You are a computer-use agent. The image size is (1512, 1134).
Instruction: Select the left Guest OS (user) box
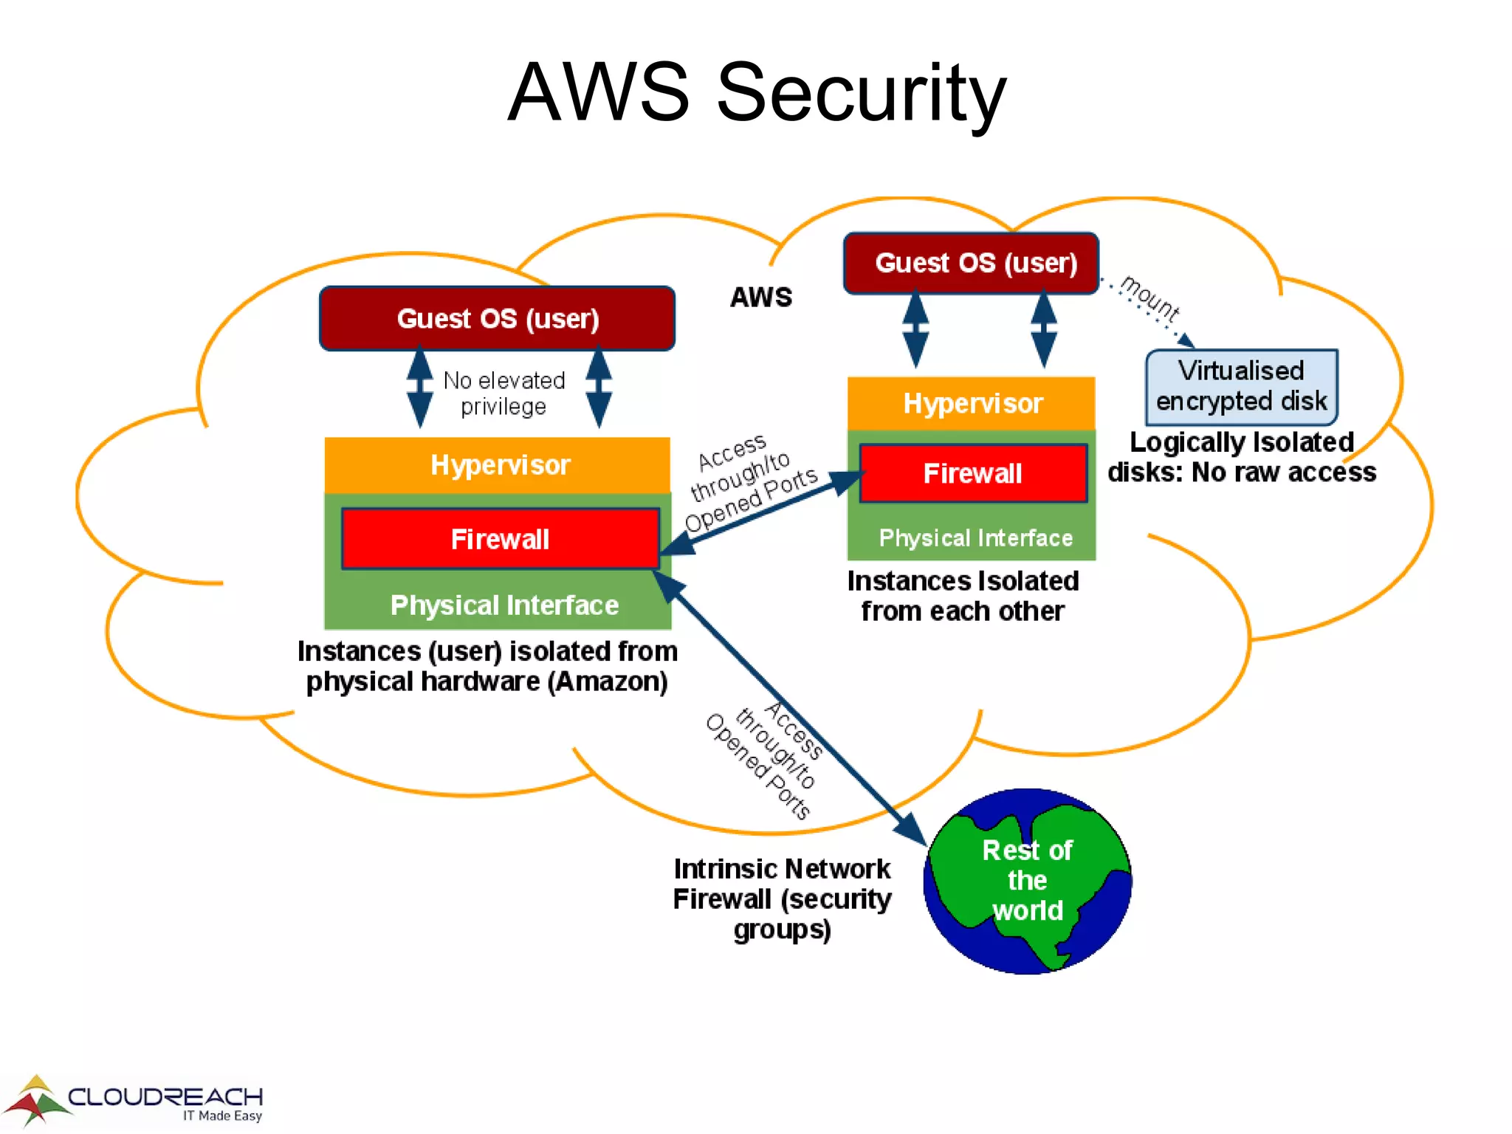(x=497, y=318)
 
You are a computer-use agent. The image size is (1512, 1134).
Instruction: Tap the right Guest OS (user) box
(x=971, y=264)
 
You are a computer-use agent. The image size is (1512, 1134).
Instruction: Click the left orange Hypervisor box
(x=498, y=465)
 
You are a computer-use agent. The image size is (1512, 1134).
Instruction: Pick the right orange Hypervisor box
(x=971, y=403)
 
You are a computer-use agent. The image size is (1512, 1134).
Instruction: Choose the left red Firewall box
(x=500, y=539)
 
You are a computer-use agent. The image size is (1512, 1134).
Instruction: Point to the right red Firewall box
(x=972, y=473)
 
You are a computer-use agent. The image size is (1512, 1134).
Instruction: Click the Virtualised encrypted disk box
(x=1241, y=387)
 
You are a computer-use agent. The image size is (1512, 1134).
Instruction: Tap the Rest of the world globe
(x=1027, y=881)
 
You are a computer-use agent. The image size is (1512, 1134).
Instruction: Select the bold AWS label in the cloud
(x=760, y=297)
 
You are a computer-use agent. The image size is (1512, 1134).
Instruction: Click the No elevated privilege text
(x=504, y=393)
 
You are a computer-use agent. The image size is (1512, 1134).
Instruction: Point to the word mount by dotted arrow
(x=1150, y=298)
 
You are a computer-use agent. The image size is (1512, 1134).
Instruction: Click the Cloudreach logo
(x=133, y=1100)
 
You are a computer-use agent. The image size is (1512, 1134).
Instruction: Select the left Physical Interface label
(x=504, y=605)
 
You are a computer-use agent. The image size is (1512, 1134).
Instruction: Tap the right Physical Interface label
(x=975, y=538)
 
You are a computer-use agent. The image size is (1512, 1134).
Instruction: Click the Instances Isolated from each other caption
(x=962, y=596)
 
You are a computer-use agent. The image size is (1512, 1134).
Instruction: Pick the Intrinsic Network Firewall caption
(x=782, y=898)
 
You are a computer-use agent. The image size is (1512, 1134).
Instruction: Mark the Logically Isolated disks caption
(x=1241, y=457)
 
